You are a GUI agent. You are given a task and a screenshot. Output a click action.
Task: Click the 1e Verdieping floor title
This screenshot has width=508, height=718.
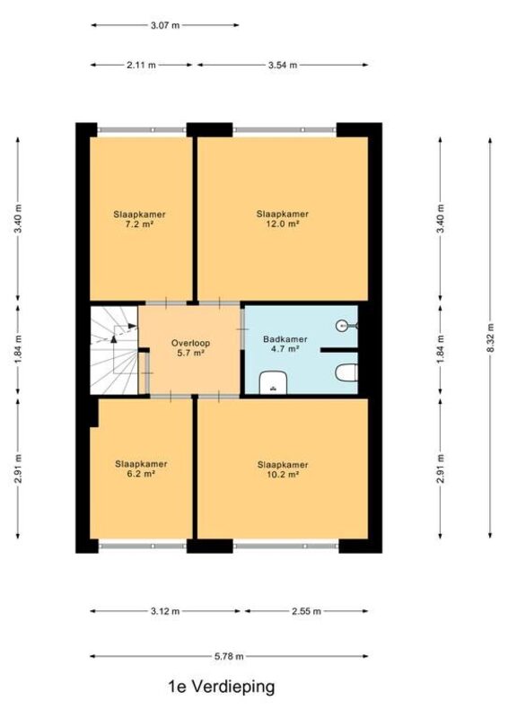(222, 687)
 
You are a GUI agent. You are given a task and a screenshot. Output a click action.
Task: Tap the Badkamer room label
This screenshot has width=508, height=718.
(285, 339)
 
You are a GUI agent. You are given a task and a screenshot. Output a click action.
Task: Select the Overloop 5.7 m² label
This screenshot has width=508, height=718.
(190, 347)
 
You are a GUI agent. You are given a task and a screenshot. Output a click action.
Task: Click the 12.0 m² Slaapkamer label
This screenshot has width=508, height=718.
(282, 219)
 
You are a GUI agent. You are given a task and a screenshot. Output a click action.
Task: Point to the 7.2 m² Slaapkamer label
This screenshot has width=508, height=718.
(139, 219)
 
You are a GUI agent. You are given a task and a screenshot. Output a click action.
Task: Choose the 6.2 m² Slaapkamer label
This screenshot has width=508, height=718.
(141, 468)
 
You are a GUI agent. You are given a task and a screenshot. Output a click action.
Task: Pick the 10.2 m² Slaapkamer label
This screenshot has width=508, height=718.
(283, 469)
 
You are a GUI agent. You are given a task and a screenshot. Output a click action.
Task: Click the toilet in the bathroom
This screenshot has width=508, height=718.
(346, 372)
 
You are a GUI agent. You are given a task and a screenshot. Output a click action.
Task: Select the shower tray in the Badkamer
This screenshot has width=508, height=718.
(274, 382)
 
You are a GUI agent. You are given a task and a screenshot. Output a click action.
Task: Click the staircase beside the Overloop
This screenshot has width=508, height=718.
(114, 350)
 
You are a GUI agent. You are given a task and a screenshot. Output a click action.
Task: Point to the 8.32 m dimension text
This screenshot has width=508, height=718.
(491, 338)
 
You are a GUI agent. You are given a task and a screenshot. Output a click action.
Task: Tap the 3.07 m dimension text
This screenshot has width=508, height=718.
(165, 26)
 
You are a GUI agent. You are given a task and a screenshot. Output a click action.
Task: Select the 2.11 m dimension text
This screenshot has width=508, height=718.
(141, 65)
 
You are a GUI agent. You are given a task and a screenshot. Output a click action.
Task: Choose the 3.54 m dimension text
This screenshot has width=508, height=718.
(283, 65)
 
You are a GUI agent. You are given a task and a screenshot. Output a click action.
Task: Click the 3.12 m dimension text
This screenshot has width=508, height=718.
(165, 611)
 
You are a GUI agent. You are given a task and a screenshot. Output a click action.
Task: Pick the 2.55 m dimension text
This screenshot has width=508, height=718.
(306, 611)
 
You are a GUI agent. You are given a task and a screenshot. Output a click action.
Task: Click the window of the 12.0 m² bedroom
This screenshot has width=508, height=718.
(285, 130)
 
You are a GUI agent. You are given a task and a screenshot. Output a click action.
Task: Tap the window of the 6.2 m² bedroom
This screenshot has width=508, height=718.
(143, 546)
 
